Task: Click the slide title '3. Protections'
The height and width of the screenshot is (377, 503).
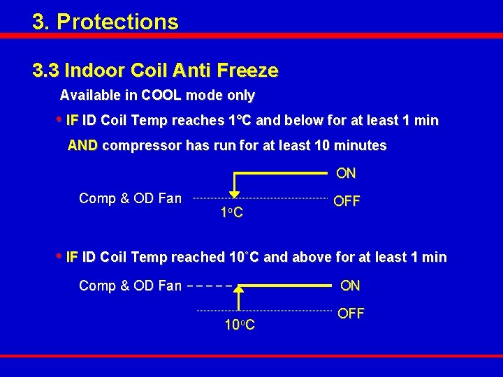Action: [x=105, y=22]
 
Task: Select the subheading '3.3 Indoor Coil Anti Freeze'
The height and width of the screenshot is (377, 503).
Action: [x=155, y=71]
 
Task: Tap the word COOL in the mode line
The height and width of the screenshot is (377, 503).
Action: [x=161, y=95]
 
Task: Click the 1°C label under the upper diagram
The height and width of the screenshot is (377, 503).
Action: [x=232, y=212]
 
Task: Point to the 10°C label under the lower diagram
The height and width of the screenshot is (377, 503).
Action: [x=239, y=325]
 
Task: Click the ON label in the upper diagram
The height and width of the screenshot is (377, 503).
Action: [x=346, y=172]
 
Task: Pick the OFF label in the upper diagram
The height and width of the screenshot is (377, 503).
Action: [x=347, y=201]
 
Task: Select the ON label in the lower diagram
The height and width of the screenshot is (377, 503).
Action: [x=350, y=286]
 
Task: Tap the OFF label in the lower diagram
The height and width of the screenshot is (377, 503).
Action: [x=351, y=313]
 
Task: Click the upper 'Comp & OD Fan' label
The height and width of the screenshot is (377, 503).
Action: [x=130, y=199]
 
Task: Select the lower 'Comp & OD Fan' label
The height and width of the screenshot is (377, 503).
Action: [x=130, y=286]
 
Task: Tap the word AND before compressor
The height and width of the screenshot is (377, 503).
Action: [x=83, y=146]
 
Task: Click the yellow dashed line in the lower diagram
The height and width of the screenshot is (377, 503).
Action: [x=210, y=286]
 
